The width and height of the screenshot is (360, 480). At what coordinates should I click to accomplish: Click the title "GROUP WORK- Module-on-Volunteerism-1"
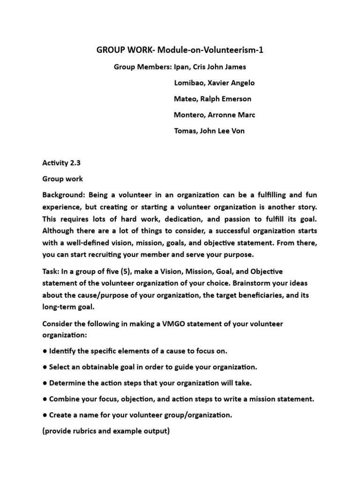point(180,50)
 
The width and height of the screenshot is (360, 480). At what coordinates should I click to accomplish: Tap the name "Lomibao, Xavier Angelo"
point(214,83)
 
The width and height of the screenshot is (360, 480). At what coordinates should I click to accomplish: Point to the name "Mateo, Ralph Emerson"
point(212,99)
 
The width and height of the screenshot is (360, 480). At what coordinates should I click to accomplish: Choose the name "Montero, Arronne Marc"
point(215,115)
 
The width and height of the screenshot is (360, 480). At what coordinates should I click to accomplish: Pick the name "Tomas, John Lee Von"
point(209,131)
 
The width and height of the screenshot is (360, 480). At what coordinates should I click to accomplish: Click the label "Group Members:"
point(142,67)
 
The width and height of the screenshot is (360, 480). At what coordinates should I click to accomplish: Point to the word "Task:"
point(51,271)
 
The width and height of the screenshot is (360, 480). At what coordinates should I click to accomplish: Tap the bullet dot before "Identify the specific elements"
point(45,351)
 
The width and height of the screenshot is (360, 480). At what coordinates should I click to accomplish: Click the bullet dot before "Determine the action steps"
point(45,383)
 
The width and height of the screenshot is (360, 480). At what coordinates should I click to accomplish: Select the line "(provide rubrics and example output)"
point(106,431)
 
